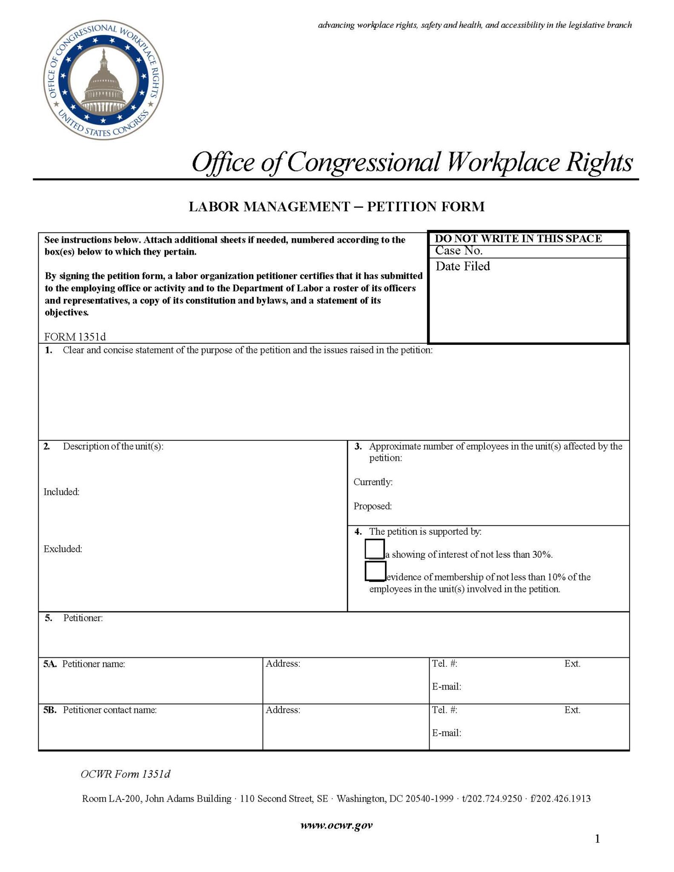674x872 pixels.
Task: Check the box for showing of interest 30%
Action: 375,549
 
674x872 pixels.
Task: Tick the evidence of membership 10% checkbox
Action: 375,571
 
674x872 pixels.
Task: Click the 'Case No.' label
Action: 459,250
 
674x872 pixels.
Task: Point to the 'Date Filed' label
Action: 462,266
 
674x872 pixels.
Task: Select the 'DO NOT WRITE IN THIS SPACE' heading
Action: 518,238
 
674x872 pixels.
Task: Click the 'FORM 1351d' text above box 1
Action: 75,337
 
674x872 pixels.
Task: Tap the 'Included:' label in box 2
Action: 61,492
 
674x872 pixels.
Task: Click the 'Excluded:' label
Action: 63,549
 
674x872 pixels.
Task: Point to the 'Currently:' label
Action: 373,482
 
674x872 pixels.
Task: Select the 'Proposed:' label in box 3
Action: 373,506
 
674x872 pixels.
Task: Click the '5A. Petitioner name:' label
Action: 84,664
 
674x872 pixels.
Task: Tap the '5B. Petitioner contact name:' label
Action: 100,710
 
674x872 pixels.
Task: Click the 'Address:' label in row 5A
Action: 283,663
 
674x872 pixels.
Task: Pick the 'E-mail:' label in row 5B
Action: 447,733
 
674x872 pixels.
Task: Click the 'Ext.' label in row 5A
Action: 572,663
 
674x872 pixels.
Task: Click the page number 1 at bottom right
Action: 597,839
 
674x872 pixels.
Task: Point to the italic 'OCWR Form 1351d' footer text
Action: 126,774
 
